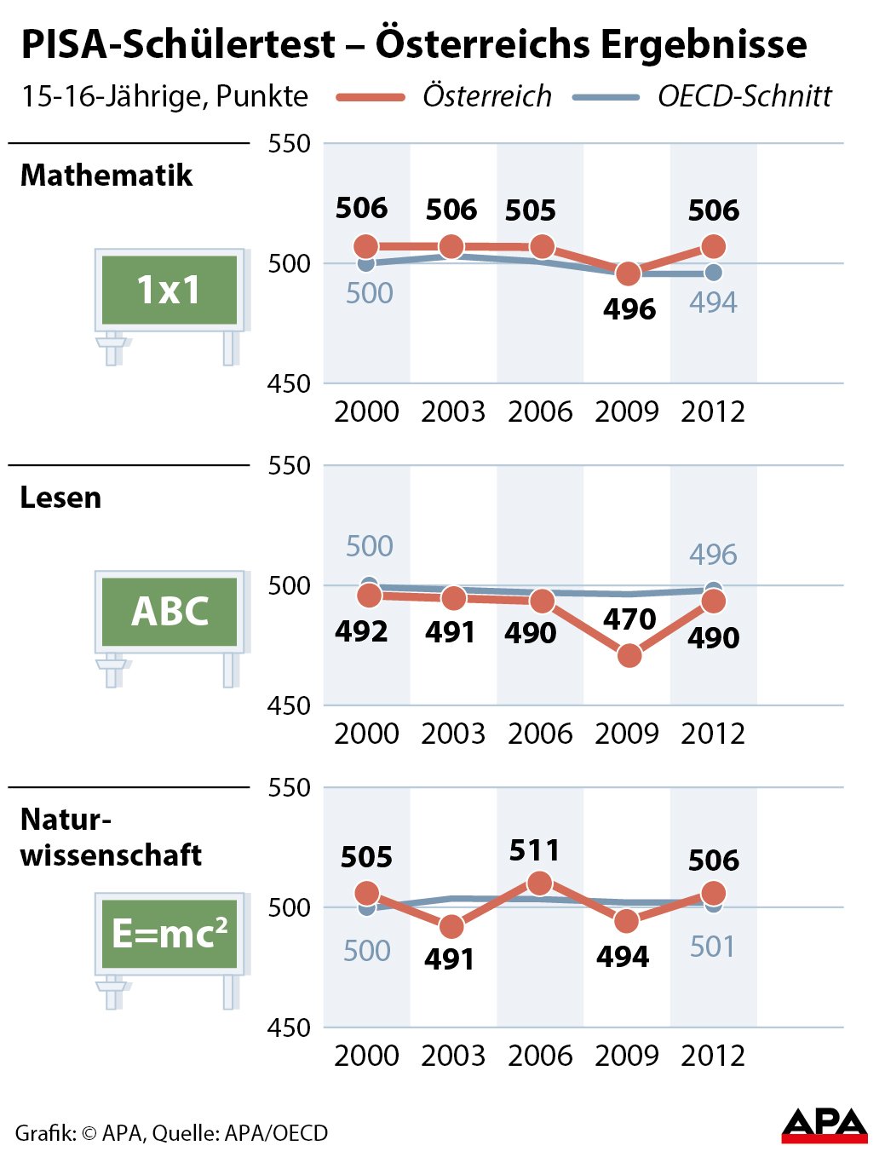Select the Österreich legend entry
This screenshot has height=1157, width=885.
point(486,96)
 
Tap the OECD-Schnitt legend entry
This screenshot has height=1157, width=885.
point(744,96)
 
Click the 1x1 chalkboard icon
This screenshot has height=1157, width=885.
point(169,291)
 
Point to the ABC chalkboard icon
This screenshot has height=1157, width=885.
point(169,612)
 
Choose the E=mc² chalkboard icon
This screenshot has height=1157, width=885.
point(169,934)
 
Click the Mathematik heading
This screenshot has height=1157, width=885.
point(106,176)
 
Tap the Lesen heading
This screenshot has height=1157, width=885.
point(60,498)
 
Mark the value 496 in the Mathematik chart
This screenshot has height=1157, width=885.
point(629,309)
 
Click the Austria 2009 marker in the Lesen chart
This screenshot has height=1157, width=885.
point(629,655)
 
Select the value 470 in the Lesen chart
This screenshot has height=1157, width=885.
point(629,619)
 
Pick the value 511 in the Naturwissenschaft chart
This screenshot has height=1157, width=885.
point(534,850)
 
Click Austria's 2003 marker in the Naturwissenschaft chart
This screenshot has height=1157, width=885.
point(452,926)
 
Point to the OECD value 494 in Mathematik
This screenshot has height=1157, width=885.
point(713,302)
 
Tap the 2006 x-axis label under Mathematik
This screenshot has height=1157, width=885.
point(540,412)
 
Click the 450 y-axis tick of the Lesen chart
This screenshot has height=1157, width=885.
point(289,705)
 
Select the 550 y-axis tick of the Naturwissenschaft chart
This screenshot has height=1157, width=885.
point(289,787)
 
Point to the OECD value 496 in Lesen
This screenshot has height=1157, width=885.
point(713,555)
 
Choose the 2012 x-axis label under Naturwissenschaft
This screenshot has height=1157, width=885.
point(713,1056)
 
